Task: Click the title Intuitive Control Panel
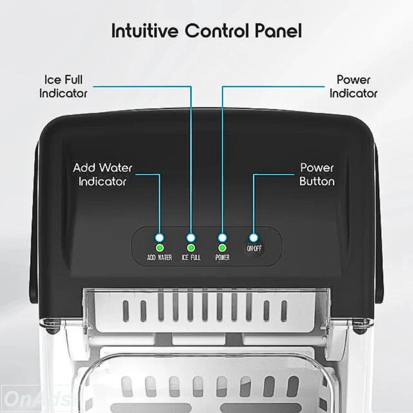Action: tap(206, 31)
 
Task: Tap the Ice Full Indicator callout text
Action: tap(63, 86)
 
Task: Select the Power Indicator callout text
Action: tap(353, 86)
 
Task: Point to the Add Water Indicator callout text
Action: tap(102, 174)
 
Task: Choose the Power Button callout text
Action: tap(317, 174)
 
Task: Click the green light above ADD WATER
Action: tap(159, 248)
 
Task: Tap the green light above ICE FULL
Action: tap(191, 248)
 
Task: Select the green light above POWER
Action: tap(222, 248)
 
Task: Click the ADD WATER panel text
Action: tap(159, 257)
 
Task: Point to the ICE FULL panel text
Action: tap(191, 257)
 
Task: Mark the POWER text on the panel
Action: tap(222, 257)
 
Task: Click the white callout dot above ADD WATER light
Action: tap(159, 237)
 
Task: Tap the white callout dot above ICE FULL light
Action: tap(191, 237)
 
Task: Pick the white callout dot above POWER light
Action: tap(222, 237)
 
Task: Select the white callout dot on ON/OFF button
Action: tap(254, 237)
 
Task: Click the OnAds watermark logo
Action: tap(39, 398)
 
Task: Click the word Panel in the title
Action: tap(278, 31)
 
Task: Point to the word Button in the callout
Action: tap(317, 181)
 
